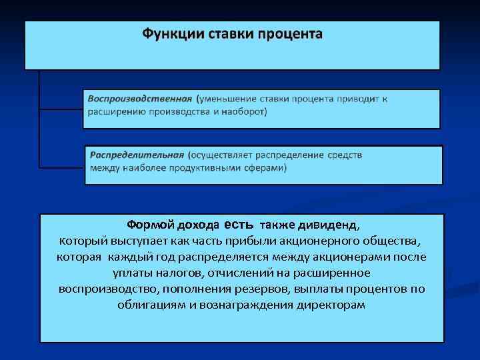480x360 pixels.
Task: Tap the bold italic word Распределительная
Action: tap(137, 155)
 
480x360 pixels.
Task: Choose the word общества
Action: tap(394, 241)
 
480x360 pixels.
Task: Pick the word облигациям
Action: tap(154, 305)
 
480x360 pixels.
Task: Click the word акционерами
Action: tap(358, 257)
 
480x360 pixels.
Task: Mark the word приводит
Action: tap(359, 99)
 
